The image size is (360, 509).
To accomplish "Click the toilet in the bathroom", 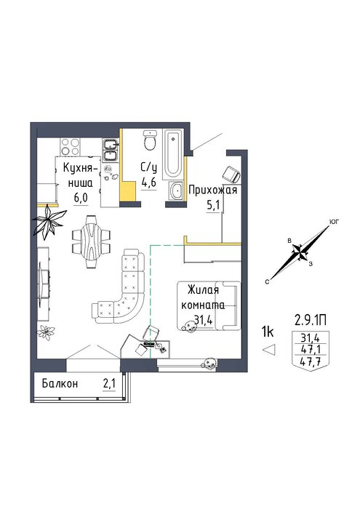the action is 150,140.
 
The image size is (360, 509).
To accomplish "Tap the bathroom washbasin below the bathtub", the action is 176,190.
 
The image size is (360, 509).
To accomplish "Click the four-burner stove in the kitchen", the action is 71,147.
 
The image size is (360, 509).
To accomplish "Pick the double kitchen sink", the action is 111,150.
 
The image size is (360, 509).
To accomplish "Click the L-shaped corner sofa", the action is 119,287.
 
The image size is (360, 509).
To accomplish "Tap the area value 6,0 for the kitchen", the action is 81,198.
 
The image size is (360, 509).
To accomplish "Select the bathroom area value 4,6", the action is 148,183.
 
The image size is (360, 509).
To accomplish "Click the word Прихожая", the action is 213,191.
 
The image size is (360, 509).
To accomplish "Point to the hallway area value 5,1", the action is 213,206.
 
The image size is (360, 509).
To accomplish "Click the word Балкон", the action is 60,384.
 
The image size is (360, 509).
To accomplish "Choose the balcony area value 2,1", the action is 109,384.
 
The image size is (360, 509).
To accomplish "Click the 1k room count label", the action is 268,332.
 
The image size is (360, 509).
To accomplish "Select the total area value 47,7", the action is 311,361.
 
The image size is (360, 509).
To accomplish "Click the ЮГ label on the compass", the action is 334,222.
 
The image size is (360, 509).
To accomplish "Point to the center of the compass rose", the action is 299,252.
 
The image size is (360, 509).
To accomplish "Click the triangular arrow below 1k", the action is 269,350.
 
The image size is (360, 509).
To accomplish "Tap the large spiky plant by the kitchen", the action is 49,220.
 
